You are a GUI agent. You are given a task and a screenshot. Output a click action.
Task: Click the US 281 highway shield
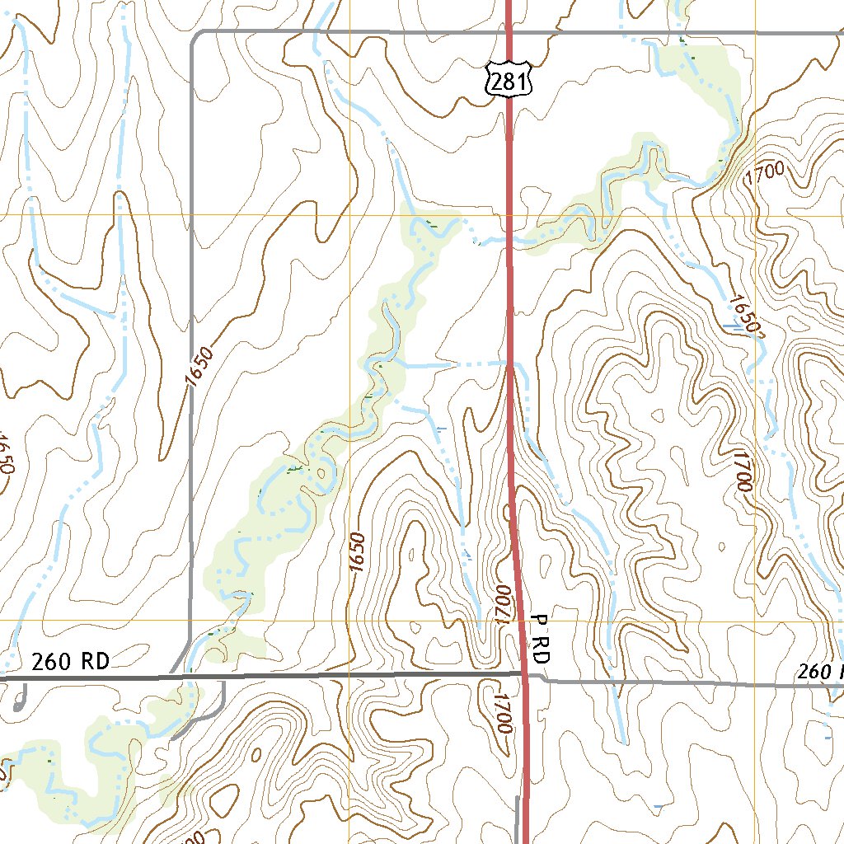[509, 79]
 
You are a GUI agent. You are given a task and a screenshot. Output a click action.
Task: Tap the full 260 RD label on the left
[70, 661]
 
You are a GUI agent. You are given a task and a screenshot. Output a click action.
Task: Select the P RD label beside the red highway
[540, 640]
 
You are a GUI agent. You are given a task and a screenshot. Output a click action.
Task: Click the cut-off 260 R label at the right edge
[819, 672]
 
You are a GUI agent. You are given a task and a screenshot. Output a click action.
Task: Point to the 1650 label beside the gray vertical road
[199, 366]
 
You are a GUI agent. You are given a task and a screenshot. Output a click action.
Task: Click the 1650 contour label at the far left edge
[7, 453]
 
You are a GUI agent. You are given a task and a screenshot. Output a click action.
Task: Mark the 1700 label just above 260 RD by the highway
[504, 604]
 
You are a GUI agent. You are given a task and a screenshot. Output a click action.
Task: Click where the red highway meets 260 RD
[524, 675]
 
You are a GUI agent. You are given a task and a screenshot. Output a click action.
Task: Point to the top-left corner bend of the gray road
[194, 36]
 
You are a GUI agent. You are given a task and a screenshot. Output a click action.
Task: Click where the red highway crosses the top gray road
[509, 31]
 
